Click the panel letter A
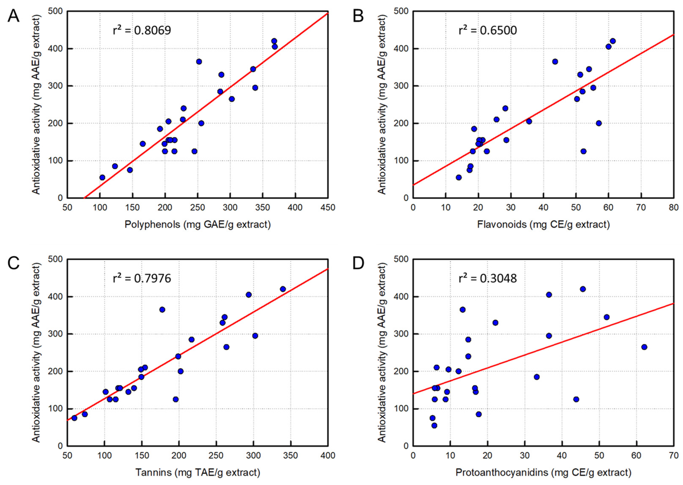13,16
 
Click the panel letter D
358,264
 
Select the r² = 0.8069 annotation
142,30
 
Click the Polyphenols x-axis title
198,224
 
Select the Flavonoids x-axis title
543,224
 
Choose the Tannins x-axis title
198,472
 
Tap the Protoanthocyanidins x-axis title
543,472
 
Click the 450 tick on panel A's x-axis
328,207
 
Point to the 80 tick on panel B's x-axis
673,207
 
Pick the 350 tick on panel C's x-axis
291,455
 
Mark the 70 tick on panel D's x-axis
673,455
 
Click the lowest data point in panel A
102,177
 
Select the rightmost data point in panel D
644,347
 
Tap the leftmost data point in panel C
74,418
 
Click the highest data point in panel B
613,41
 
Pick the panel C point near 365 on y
162,310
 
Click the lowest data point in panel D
434,425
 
